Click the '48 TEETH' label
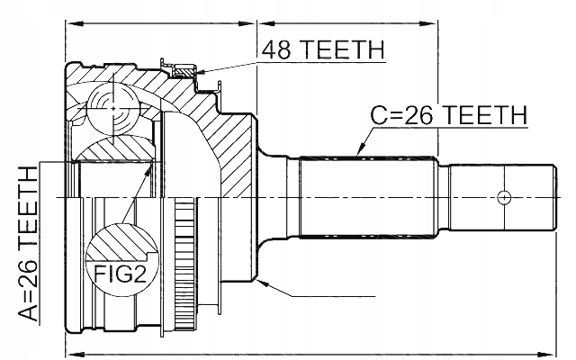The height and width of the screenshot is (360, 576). coord(323,49)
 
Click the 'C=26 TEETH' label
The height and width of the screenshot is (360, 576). coord(449,115)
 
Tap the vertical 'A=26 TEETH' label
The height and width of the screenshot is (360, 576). coord(28,244)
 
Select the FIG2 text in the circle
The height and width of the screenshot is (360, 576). coord(120,274)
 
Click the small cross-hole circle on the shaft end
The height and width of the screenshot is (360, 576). coord(504,197)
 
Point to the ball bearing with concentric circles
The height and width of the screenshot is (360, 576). coord(113,109)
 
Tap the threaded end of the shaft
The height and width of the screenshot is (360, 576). coord(502,197)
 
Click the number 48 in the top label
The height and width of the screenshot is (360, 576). coord(276,49)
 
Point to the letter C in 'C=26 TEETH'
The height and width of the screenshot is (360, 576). coord(378,115)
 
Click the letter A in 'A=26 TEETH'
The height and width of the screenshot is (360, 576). coord(28,313)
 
